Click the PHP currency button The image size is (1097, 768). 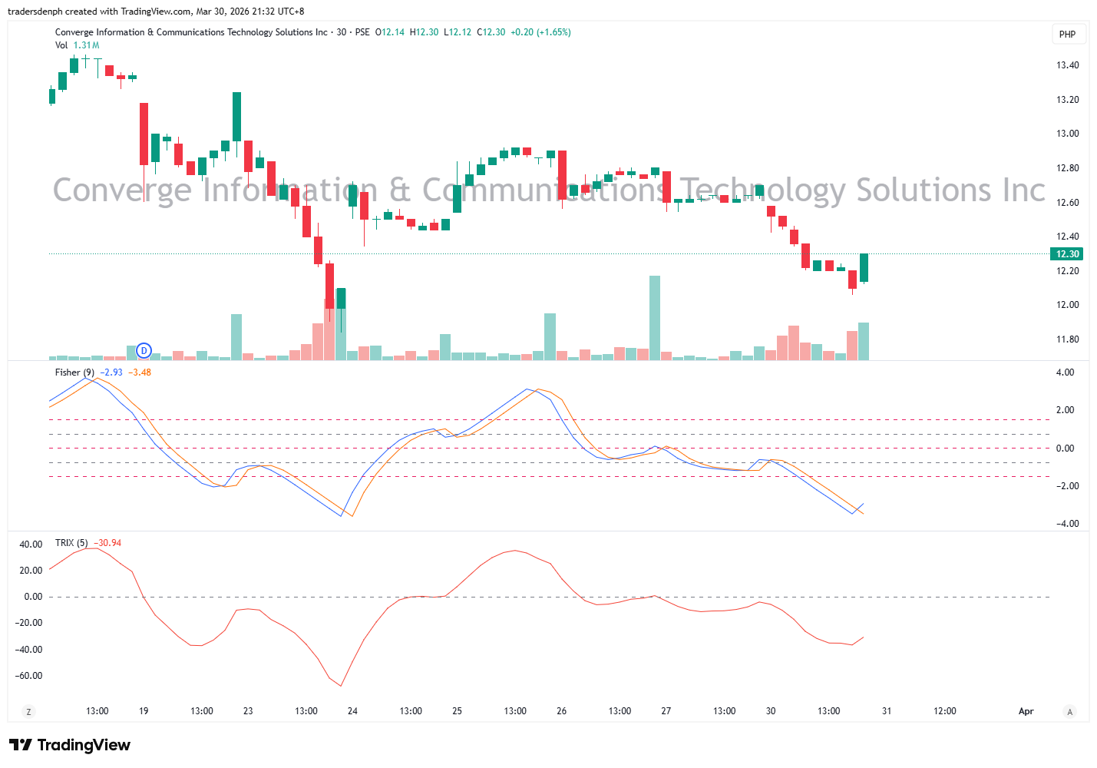[1067, 34]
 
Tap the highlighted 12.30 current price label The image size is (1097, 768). [1067, 254]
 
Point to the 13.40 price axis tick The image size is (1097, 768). [1067, 65]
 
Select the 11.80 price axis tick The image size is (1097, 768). [1067, 339]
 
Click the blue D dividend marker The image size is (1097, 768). [144, 351]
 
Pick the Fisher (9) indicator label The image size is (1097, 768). [74, 372]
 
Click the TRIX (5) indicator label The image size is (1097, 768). [71, 543]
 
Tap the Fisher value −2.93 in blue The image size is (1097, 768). [111, 372]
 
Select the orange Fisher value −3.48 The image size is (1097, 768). [140, 372]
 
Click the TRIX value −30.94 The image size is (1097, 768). [107, 543]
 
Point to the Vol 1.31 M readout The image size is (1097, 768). [78, 45]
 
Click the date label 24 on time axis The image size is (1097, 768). [352, 711]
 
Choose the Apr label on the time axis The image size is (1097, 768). [1026, 711]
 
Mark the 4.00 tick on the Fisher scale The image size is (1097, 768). [1065, 372]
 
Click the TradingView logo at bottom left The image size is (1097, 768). [70, 745]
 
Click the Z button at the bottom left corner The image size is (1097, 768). [29, 712]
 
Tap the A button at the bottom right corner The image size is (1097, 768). [1069, 712]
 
